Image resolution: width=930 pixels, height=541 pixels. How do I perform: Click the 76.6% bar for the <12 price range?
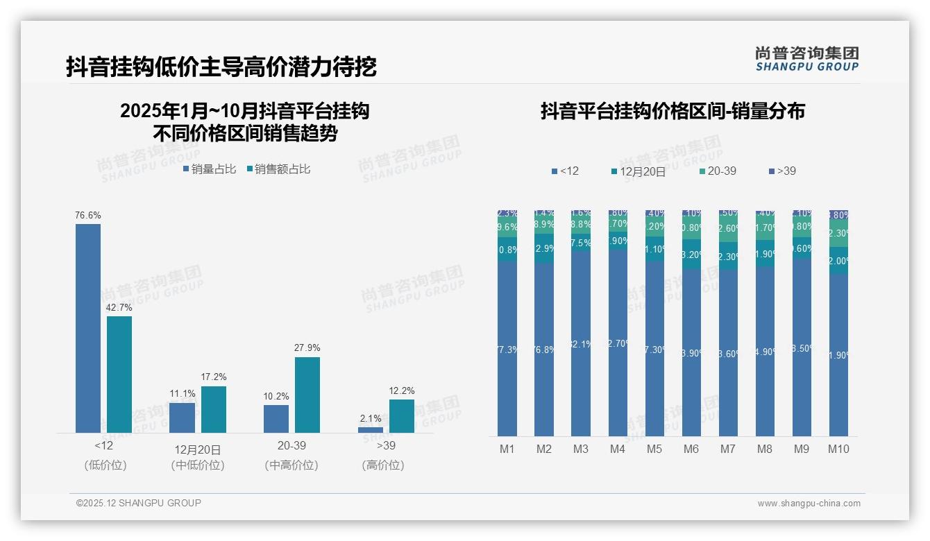click(88, 328)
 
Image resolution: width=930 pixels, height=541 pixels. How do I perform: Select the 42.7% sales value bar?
click(119, 375)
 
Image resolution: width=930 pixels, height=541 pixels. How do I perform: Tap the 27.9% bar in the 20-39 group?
click(307, 395)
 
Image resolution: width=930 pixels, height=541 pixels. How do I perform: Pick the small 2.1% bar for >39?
click(371, 430)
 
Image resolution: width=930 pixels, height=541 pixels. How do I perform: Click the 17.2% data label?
click(213, 377)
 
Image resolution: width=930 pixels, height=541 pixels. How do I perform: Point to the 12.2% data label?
click(401, 390)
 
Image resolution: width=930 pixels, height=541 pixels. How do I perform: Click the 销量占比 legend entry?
click(210, 169)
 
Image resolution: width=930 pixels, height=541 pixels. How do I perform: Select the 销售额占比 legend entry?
click(278, 169)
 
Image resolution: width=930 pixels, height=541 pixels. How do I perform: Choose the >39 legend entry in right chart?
click(782, 171)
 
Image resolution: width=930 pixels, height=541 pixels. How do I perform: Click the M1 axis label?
click(507, 449)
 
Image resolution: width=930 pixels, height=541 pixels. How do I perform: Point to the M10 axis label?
click(838, 449)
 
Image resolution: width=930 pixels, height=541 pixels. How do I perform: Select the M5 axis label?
click(654, 449)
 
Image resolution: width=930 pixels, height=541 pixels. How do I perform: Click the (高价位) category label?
click(383, 465)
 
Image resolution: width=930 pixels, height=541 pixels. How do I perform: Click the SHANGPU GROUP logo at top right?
click(806, 59)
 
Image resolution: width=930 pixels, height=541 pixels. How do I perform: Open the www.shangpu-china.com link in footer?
click(809, 504)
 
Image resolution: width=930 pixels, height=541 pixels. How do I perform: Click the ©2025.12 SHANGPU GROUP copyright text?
click(139, 503)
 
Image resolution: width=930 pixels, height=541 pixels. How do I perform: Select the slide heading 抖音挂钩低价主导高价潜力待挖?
click(221, 67)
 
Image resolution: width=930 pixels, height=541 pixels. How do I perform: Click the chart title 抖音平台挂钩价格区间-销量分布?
click(673, 112)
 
